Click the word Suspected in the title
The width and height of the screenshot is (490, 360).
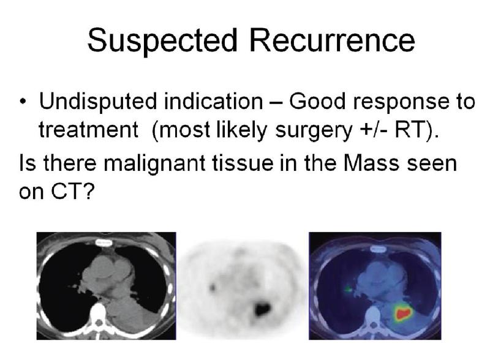[x=162, y=40]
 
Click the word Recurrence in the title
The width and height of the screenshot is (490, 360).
[x=332, y=40]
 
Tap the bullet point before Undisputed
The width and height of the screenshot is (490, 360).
[x=23, y=102]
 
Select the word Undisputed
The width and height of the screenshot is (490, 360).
[x=97, y=102]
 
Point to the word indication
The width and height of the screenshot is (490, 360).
[x=213, y=101]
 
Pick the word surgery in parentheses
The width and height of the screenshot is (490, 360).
[x=314, y=130]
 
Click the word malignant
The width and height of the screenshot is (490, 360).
[x=154, y=163]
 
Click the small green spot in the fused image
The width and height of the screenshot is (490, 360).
[x=348, y=290]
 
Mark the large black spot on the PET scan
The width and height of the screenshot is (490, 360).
[x=262, y=309]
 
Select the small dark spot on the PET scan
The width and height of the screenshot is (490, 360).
[x=213, y=287]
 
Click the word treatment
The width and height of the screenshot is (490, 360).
[x=88, y=130]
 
